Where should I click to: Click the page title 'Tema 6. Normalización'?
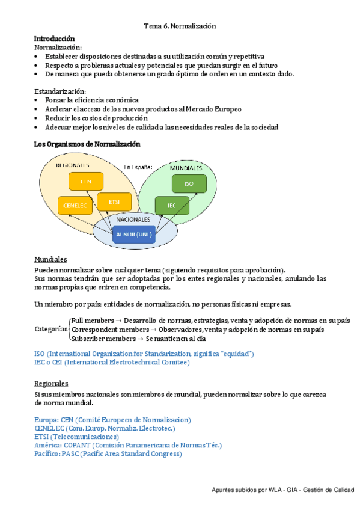(180, 26)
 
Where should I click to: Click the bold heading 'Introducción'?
(55, 38)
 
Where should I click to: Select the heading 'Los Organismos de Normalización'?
(87, 144)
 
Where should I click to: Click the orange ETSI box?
(114, 201)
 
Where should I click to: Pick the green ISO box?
(189, 183)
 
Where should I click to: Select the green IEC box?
(172, 205)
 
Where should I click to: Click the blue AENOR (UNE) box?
(136, 233)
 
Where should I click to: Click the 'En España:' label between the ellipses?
(138, 167)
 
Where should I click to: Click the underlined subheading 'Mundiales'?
(50, 259)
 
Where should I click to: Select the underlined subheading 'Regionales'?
(51, 384)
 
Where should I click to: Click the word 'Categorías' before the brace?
(51, 329)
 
